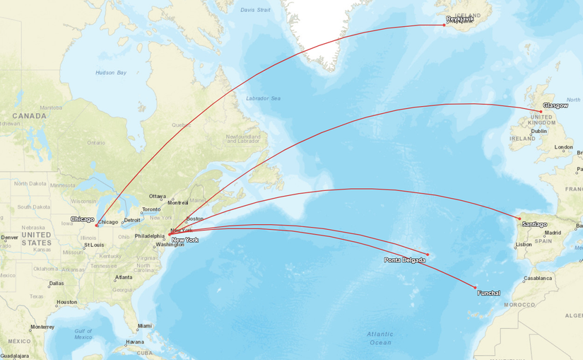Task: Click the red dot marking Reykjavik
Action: pos(444,25)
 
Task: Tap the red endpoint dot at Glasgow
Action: pos(541,111)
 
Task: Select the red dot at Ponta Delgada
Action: pos(428,255)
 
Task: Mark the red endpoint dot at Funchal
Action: pos(476,287)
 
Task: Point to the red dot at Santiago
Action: pos(519,219)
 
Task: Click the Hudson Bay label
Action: pos(111,73)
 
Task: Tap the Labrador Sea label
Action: pos(263,98)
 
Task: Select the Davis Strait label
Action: pos(255,10)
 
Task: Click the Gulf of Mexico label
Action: pos(83,334)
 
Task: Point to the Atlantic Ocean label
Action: pos(380,338)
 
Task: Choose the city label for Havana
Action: pos(134,342)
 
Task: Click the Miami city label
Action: pos(145,326)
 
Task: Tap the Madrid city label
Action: pos(553,233)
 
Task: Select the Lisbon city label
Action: pos(524,245)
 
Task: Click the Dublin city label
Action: pos(538,131)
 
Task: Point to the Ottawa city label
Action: pos(157,196)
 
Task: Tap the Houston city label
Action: pos(67,302)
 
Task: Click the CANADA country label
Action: pos(29,115)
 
